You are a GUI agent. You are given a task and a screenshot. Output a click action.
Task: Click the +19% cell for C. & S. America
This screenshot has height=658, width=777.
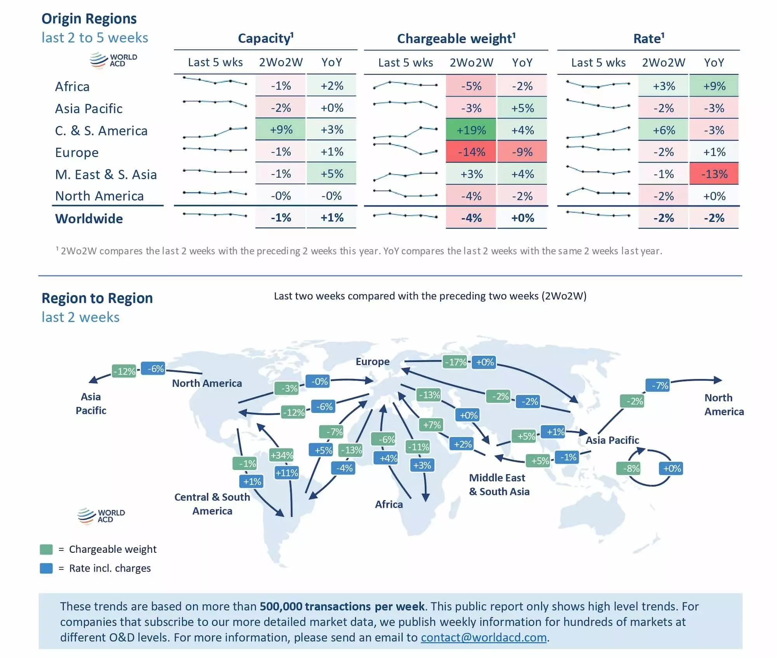471,130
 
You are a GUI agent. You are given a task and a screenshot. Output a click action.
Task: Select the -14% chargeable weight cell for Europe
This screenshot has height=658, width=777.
471,152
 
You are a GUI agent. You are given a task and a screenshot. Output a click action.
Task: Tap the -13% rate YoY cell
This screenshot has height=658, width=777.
714,174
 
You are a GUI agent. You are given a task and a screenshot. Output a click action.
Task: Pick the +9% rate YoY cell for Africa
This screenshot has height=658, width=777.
714,86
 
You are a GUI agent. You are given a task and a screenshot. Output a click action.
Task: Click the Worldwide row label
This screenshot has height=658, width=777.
89,219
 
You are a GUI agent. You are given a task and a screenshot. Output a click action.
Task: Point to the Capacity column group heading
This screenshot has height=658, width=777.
265,38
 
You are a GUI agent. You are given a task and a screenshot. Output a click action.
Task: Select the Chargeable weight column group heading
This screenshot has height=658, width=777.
456,38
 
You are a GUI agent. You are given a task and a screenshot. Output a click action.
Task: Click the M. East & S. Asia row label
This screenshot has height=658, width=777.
106,175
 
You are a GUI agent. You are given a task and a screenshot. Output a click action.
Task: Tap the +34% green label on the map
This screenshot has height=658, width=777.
282,455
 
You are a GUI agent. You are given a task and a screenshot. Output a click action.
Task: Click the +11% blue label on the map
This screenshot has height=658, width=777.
287,473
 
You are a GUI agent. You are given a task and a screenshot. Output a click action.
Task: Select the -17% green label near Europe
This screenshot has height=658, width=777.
455,362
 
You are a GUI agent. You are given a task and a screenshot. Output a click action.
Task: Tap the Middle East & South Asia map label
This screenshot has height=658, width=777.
499,484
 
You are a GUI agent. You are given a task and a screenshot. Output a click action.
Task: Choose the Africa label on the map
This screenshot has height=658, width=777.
388,504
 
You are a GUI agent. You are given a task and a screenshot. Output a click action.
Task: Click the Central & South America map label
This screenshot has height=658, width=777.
212,504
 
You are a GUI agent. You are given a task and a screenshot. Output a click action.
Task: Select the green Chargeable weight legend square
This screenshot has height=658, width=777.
46,549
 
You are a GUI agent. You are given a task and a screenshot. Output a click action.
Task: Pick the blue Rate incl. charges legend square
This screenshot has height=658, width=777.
46,568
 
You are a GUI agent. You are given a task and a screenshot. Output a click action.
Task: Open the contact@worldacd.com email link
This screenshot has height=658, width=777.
484,637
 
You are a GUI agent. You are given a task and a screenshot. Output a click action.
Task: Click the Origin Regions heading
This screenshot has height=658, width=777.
89,19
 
